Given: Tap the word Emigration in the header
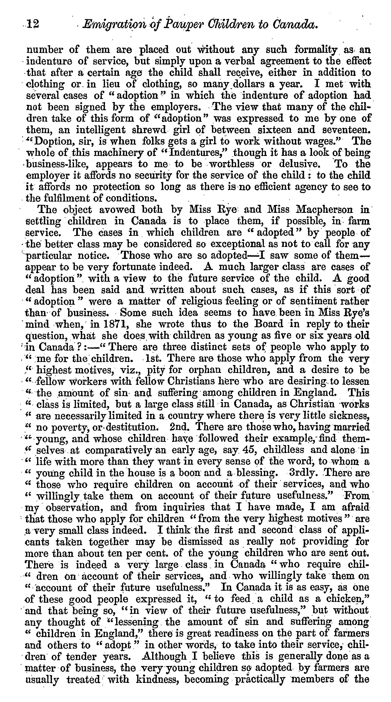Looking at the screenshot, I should click(x=113, y=25).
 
